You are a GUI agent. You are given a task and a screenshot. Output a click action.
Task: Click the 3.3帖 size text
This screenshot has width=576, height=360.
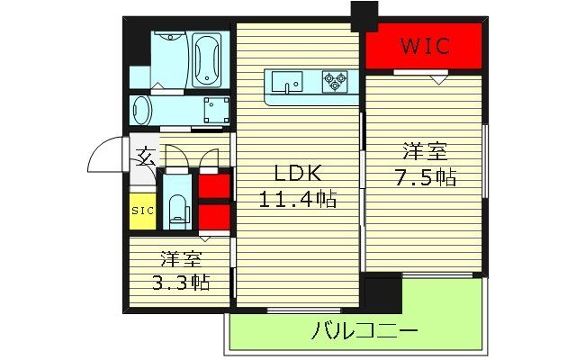coord(181,283)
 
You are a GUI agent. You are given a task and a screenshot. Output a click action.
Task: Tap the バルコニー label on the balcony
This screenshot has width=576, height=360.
coord(352,329)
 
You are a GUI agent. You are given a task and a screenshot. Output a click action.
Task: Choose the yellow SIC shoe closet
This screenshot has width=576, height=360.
coord(141,211)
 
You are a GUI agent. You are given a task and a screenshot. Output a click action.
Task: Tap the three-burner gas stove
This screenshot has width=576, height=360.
coord(335,82)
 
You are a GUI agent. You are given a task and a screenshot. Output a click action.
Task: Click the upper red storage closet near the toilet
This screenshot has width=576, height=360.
coord(212,187)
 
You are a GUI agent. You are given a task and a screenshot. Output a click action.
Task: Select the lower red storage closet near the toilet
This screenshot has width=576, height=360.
coord(212,218)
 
